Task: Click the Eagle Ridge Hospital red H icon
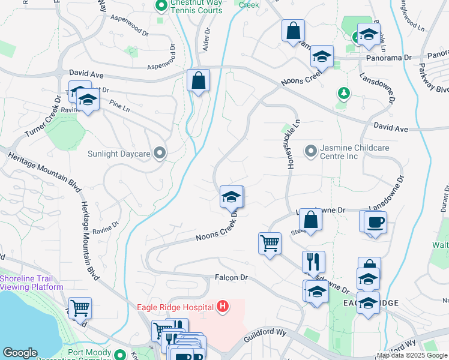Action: pos(223,308)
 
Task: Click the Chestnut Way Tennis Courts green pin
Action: pos(161,7)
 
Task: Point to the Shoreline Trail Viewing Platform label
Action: pos(32,282)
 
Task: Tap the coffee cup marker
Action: pos(375,223)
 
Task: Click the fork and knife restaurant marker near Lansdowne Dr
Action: pos(313,262)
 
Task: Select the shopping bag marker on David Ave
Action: pos(198,80)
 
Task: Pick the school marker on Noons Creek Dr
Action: pos(231,196)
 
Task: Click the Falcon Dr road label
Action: pos(231,278)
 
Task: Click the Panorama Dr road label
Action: pos(388,59)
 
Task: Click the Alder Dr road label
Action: pos(207,40)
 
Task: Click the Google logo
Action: pos(20,353)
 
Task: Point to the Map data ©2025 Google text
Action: pos(411,355)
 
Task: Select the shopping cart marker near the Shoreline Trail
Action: pos(80,308)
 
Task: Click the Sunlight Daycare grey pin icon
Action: pos(159,154)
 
